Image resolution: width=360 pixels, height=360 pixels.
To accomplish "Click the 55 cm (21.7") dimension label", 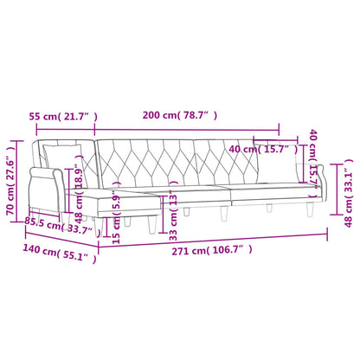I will pyautogui.click(x=61, y=115).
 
